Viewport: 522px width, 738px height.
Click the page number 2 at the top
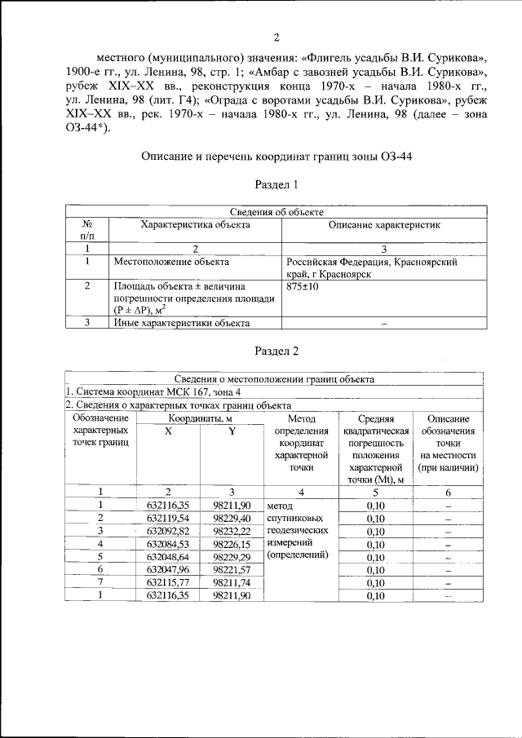click(x=276, y=38)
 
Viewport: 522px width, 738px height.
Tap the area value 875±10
click(x=302, y=288)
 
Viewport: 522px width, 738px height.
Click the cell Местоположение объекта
click(x=171, y=263)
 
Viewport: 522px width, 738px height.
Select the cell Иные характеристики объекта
click(x=181, y=324)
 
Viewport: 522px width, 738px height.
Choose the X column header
click(x=168, y=431)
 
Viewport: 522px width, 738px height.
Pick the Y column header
click(x=232, y=431)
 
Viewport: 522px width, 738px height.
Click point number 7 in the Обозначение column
click(x=100, y=582)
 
